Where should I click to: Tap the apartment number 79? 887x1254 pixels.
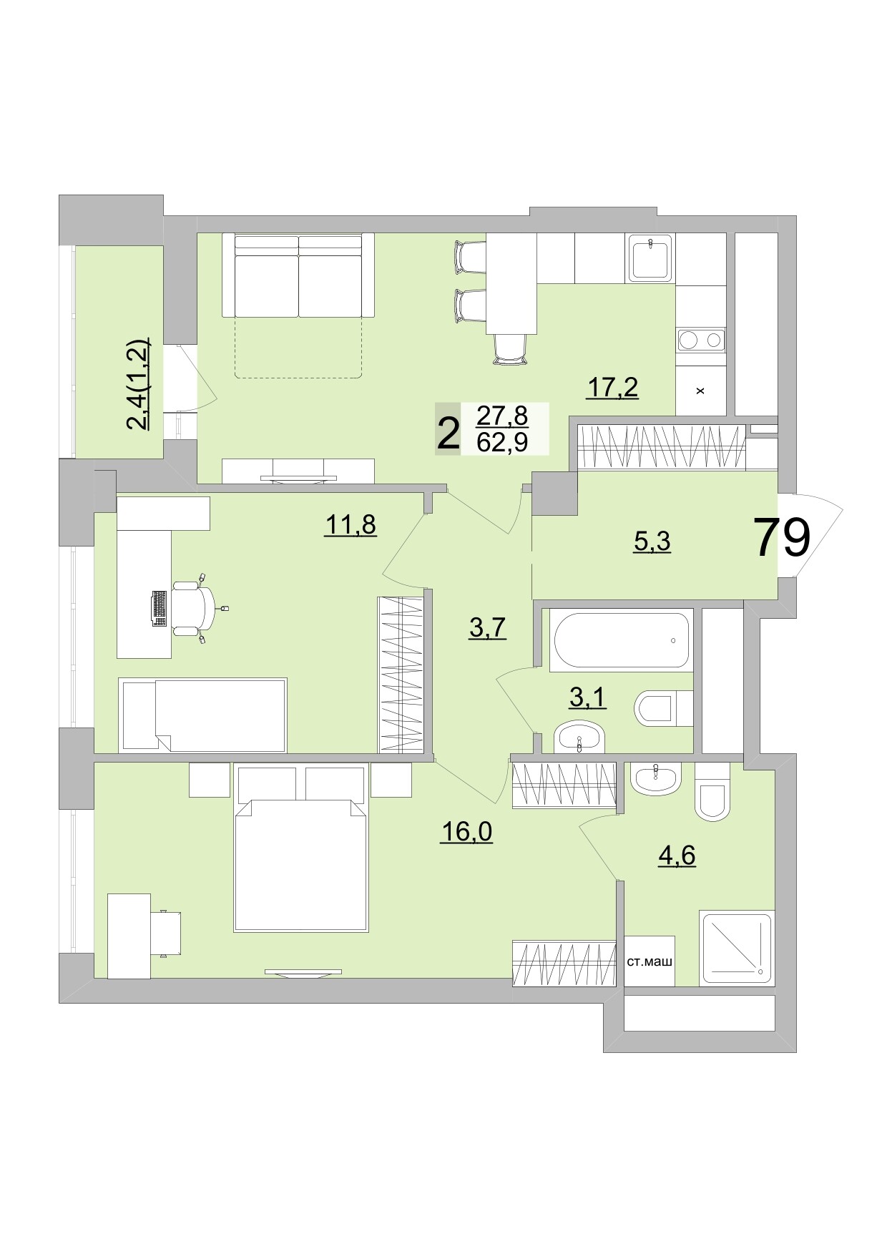click(782, 537)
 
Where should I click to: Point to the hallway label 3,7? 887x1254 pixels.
click(487, 627)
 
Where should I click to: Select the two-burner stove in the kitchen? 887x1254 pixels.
click(700, 340)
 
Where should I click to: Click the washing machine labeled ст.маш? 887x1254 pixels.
click(649, 961)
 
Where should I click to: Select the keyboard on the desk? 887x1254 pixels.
click(160, 608)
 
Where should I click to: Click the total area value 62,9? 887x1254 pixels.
click(502, 443)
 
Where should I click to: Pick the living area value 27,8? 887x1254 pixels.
click(502, 415)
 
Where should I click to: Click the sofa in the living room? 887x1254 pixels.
click(298, 276)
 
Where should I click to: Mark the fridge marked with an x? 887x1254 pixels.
click(700, 391)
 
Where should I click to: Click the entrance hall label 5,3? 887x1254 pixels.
click(652, 542)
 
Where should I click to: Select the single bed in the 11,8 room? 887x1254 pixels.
click(204, 715)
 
